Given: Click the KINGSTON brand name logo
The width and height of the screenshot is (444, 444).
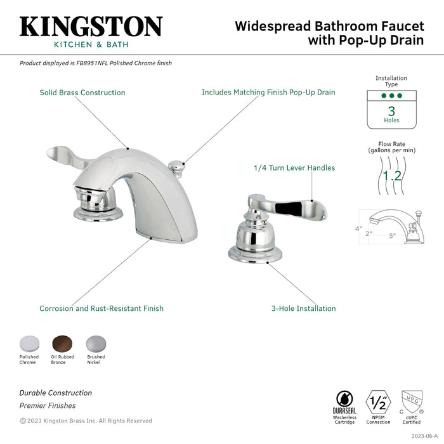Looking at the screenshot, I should pyautogui.click(x=91, y=27).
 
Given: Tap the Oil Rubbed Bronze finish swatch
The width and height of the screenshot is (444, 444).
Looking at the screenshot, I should pyautogui.click(x=62, y=343).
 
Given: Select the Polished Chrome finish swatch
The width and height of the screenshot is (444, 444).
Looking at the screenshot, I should pyautogui.click(x=29, y=343).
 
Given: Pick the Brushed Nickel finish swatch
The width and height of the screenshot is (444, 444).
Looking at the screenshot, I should pyautogui.click(x=96, y=343).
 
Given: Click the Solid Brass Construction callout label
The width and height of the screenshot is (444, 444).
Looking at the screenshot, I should pyautogui.click(x=82, y=93).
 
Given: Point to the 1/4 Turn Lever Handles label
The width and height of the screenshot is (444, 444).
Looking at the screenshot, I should pyautogui.click(x=294, y=168).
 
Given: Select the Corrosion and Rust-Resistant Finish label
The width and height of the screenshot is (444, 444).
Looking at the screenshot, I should pyautogui.click(x=101, y=309).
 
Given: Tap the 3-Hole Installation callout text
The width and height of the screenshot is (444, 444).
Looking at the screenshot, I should pyautogui.click(x=304, y=309).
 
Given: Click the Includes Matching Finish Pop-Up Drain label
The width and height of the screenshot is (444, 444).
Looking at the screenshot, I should pyautogui.click(x=268, y=93).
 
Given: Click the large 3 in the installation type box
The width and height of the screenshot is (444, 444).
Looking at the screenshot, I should pyautogui.click(x=391, y=110).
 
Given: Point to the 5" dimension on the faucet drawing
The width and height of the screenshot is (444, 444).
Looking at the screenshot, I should pyautogui.click(x=393, y=236).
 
